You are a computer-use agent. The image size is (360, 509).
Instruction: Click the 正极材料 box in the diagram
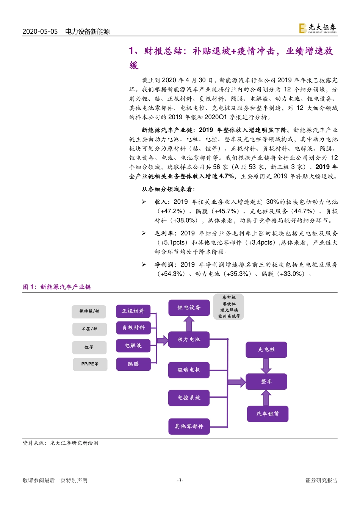pyautogui.click(x=133, y=311)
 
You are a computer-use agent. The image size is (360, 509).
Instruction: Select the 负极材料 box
pyautogui.click(x=133, y=328)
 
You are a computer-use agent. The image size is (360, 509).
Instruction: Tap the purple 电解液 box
pyautogui.click(x=133, y=346)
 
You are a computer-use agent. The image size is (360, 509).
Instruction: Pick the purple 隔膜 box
pyautogui.click(x=133, y=364)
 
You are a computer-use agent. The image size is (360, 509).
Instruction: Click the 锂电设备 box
pyautogui.click(x=189, y=308)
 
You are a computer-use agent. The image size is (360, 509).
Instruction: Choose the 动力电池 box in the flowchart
pyautogui.click(x=189, y=339)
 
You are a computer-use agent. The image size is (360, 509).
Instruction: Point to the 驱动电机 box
pyautogui.click(x=189, y=370)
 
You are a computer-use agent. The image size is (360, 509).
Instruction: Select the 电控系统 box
pyautogui.click(x=189, y=398)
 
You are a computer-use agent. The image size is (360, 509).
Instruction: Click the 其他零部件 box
pyautogui.click(x=189, y=426)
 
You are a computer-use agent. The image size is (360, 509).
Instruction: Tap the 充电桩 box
pyautogui.click(x=266, y=350)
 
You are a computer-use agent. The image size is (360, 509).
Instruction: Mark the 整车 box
pyautogui.click(x=266, y=381)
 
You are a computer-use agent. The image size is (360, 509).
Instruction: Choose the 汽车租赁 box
pyautogui.click(x=268, y=414)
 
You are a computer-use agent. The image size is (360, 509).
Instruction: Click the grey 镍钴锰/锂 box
pyautogui.click(x=89, y=311)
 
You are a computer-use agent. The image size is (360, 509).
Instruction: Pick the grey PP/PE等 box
pyautogui.click(x=90, y=364)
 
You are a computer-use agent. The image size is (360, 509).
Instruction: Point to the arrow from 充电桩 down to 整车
pyautogui.click(x=266, y=365)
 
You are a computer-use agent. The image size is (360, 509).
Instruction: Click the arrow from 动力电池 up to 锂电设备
pyautogui.click(x=189, y=324)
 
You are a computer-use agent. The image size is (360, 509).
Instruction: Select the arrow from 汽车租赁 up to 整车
pyautogui.click(x=266, y=398)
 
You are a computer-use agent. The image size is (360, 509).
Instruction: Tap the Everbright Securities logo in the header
pyautogui.click(x=318, y=28)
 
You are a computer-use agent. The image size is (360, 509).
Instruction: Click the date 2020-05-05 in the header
pyautogui.click(x=40, y=31)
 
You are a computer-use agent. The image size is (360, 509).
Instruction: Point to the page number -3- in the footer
pyautogui.click(x=180, y=481)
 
